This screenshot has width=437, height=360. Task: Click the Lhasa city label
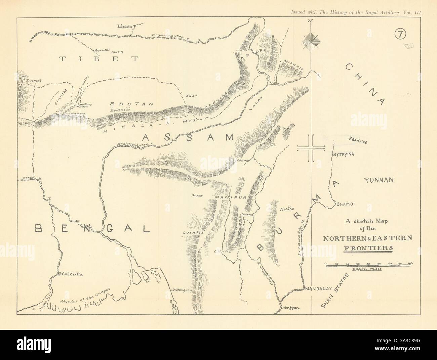124,26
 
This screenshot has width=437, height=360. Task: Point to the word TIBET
99,59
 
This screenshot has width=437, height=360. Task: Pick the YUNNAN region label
379,180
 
